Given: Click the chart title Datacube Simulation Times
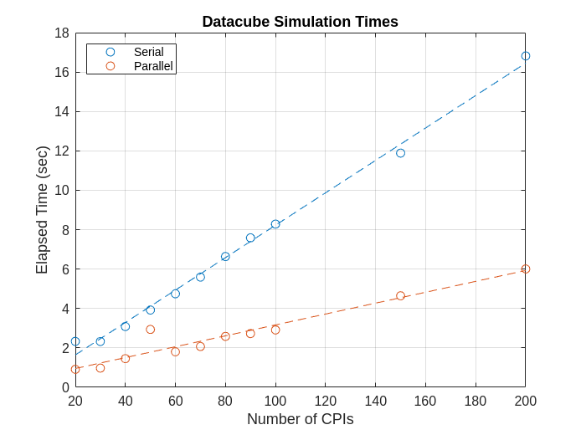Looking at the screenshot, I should (300, 22).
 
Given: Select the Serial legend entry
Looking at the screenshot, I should (148, 52).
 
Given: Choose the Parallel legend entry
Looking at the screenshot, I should (152, 66).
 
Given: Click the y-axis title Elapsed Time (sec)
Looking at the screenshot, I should (42, 210).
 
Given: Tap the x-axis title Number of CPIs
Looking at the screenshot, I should (300, 419).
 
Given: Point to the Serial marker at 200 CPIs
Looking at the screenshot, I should (526, 56).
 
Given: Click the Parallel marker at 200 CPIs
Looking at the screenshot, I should (526, 269).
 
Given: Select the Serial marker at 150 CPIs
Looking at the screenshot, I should (400, 153).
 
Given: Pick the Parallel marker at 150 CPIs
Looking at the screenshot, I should (400, 295).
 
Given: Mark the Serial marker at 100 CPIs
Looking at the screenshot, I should (275, 224).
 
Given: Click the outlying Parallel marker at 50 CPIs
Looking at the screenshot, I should (151, 330).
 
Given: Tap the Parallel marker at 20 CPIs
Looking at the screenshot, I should (75, 369).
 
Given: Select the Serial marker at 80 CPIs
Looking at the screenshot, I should (225, 257).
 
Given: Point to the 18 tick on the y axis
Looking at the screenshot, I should (62, 33).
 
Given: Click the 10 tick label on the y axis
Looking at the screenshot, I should (62, 191).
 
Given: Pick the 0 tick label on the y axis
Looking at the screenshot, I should (65, 387).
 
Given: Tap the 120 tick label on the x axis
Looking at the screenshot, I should (325, 402).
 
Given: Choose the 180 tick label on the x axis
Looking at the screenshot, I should (476, 402).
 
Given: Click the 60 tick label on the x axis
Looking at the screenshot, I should (175, 402).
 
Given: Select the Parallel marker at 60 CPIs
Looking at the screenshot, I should (175, 352).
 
